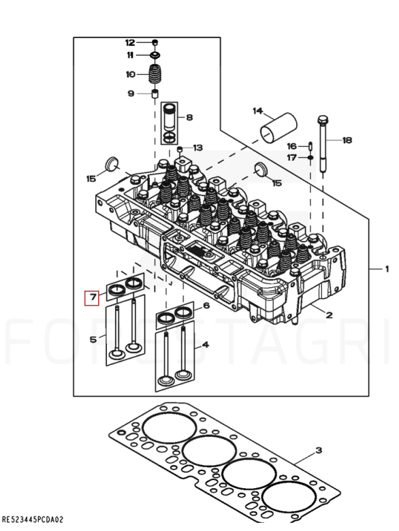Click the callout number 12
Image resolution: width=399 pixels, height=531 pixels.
(x=130, y=42)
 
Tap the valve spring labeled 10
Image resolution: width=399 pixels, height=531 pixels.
(x=155, y=74)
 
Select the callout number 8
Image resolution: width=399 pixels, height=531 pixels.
(x=189, y=117)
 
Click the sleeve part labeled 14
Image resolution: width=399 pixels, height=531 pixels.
(x=278, y=129)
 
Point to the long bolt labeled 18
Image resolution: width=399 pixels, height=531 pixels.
(x=323, y=144)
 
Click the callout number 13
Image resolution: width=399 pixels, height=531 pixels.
(x=198, y=148)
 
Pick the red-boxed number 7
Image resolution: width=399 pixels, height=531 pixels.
(x=92, y=297)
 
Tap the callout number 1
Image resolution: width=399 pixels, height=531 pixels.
(x=387, y=269)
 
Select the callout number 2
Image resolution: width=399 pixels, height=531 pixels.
(x=330, y=315)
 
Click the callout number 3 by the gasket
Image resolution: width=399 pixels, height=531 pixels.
(x=319, y=451)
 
